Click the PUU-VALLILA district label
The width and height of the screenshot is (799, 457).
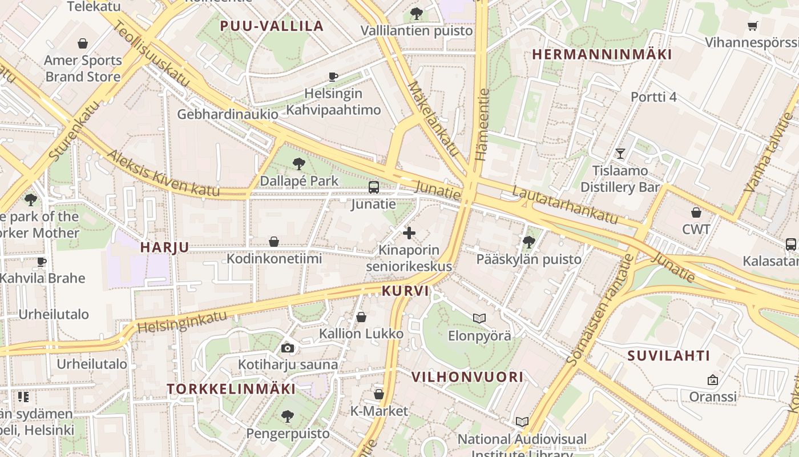[x=272, y=26]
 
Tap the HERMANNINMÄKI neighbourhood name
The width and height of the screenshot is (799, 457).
[x=602, y=54]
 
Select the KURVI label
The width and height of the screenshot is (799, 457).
[x=405, y=291]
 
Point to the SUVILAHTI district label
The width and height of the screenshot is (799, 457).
[x=669, y=356]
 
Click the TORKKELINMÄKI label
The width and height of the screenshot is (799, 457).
[x=231, y=389]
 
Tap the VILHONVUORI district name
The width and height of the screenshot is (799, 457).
[x=467, y=376]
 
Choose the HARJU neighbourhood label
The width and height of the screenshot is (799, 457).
[x=164, y=247]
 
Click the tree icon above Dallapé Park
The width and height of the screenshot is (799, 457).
[x=298, y=165]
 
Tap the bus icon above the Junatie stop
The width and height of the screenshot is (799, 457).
[x=374, y=187]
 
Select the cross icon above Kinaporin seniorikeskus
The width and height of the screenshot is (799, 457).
[x=409, y=233]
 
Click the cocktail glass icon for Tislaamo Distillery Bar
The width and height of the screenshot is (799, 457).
[x=620, y=153]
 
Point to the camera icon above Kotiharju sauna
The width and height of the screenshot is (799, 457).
[x=288, y=348]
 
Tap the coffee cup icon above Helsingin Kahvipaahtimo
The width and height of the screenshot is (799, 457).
[x=333, y=77]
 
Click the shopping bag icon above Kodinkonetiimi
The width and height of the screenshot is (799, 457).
[x=274, y=242]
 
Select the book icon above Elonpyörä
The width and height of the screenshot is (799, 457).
[x=479, y=318]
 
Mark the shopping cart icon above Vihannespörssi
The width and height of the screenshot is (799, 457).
[x=753, y=26]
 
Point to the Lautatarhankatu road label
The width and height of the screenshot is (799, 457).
[x=564, y=204]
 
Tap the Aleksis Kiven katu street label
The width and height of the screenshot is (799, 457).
[x=163, y=174]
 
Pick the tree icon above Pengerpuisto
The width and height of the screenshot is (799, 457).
[x=288, y=416]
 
